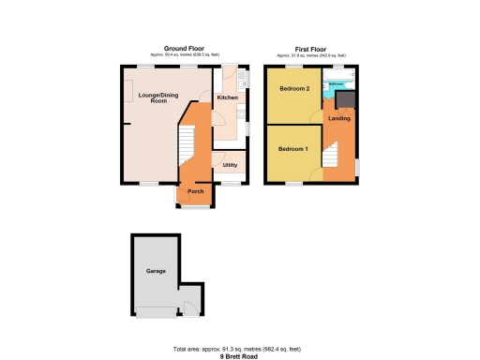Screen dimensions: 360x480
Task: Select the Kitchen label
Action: [228, 97]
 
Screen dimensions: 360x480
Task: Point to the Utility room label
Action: [229, 165]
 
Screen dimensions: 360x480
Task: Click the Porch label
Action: [196, 191]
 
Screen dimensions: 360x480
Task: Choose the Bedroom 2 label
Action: [293, 89]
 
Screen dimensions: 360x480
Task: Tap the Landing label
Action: [339, 118]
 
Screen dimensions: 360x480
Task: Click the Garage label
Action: [156, 271]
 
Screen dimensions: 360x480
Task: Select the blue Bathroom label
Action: [337, 84]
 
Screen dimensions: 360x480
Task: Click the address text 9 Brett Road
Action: [241, 355]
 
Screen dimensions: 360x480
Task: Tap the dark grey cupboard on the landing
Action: [346, 98]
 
